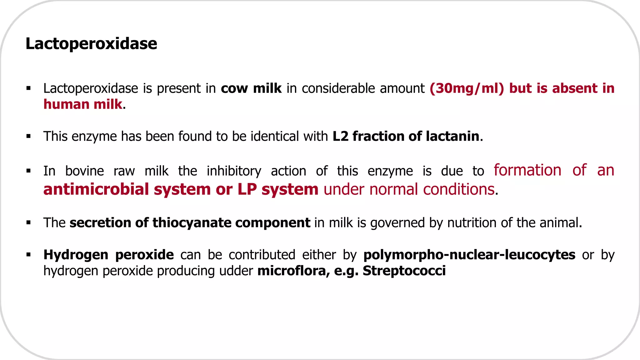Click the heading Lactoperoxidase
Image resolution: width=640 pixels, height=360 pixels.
(91, 43)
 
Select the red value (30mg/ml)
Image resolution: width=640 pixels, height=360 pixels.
(467, 88)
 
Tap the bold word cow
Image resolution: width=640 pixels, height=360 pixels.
(234, 88)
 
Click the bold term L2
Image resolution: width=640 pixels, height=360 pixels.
(340, 136)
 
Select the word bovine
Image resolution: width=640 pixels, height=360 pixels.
(84, 171)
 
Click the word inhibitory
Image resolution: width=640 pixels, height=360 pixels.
(234, 171)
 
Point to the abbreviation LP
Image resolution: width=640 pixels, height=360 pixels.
(247, 189)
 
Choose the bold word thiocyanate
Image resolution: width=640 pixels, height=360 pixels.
(192, 223)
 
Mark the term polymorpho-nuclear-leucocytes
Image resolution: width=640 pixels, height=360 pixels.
(469, 255)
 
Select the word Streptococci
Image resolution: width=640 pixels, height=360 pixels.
(404, 271)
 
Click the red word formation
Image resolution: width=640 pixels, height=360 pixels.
(527, 170)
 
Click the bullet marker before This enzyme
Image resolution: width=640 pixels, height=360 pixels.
(28, 136)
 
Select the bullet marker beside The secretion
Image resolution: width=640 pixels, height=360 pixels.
(28, 223)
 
